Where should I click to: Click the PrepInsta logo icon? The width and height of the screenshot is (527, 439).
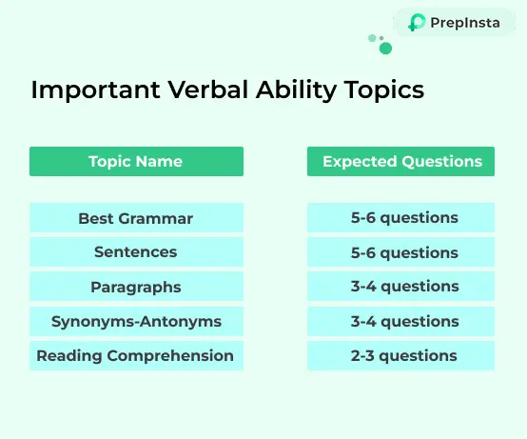pyautogui.click(x=417, y=23)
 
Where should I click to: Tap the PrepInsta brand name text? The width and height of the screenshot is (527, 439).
pyautogui.click(x=465, y=23)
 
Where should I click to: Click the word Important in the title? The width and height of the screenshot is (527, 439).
pyautogui.click(x=95, y=90)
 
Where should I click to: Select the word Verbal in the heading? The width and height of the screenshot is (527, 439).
pyautogui.click(x=207, y=90)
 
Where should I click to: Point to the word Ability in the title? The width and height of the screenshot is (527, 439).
pyautogui.click(x=296, y=90)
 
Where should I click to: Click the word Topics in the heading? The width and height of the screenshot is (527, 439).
pyautogui.click(x=384, y=90)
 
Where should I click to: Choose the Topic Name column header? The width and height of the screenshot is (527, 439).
pyautogui.click(x=136, y=161)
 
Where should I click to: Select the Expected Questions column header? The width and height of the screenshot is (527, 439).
pyautogui.click(x=400, y=161)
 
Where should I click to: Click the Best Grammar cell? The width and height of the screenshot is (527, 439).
pyautogui.click(x=136, y=218)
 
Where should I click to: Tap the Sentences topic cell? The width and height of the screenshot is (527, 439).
pyautogui.click(x=136, y=252)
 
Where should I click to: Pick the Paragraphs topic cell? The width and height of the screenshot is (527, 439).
pyautogui.click(x=136, y=287)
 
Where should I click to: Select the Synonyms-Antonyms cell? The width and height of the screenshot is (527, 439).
pyautogui.click(x=136, y=321)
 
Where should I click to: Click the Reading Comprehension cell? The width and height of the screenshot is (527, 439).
pyautogui.click(x=136, y=355)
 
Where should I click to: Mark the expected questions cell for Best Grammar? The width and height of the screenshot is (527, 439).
pyautogui.click(x=400, y=218)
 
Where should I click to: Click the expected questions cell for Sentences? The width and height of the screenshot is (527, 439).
pyautogui.click(x=400, y=252)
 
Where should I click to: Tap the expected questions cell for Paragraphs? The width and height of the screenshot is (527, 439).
pyautogui.click(x=400, y=287)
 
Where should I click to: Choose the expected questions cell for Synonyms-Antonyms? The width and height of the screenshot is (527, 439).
pyautogui.click(x=400, y=321)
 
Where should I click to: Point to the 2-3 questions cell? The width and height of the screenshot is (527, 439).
pyautogui.click(x=400, y=355)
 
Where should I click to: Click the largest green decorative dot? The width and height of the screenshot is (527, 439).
pyautogui.click(x=385, y=49)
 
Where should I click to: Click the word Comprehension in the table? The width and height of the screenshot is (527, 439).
pyautogui.click(x=170, y=356)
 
